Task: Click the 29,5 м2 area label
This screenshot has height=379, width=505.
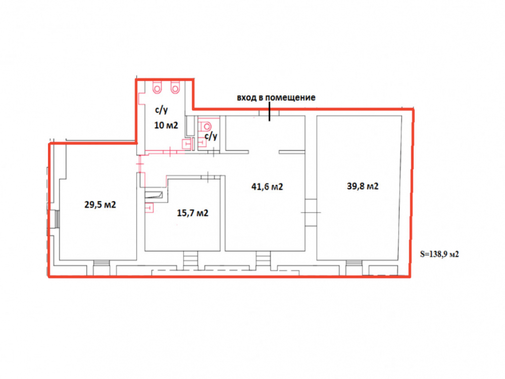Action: [100, 205]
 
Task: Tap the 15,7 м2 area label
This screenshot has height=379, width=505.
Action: [192, 213]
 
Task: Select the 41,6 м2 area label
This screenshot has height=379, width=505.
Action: [267, 186]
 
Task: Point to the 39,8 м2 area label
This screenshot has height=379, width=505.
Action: [363, 186]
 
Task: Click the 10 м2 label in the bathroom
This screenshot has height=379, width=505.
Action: [166, 125]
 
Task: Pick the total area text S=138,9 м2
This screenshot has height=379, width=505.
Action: [439, 254]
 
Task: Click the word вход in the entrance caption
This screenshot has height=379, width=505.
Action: [247, 98]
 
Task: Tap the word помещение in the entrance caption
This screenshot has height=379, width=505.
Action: [290, 98]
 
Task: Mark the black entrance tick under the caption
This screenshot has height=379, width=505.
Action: [270, 112]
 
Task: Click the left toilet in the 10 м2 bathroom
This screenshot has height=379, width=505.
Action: [157, 87]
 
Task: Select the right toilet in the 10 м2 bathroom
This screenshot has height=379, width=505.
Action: [175, 87]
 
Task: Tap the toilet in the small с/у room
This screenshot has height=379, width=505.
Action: [206, 126]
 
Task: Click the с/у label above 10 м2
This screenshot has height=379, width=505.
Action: [162, 110]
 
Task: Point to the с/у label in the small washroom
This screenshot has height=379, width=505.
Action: [211, 136]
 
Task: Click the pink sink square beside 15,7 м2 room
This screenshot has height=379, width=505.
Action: [149, 208]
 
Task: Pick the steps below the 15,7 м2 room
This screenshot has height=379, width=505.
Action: [190, 258]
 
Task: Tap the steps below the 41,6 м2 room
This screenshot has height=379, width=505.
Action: [263, 258]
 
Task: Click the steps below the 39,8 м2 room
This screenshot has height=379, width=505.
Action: [354, 263]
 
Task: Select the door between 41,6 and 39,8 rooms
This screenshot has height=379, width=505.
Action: [311, 212]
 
